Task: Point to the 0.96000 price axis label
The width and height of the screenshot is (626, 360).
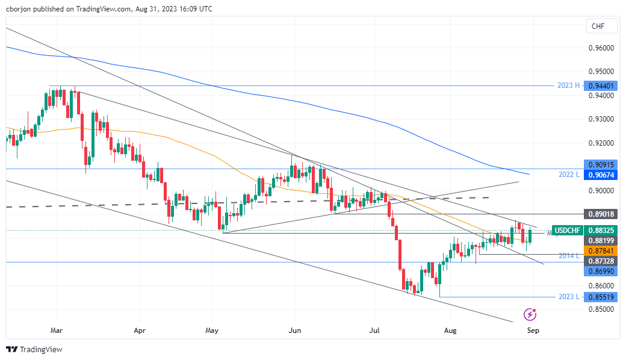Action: point(601,48)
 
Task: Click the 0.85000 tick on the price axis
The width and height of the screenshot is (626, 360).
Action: point(601,309)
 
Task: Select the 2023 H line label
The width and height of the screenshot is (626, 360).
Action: point(568,85)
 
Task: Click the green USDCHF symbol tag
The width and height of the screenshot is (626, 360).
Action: point(567,231)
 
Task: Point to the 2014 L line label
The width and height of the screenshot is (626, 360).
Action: point(568,256)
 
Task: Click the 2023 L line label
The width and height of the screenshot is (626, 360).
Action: point(568,297)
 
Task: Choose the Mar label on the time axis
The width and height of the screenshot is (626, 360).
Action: point(57,331)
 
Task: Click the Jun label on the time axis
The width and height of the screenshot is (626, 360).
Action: point(294,331)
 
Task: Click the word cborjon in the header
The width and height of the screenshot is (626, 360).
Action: point(19,8)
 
